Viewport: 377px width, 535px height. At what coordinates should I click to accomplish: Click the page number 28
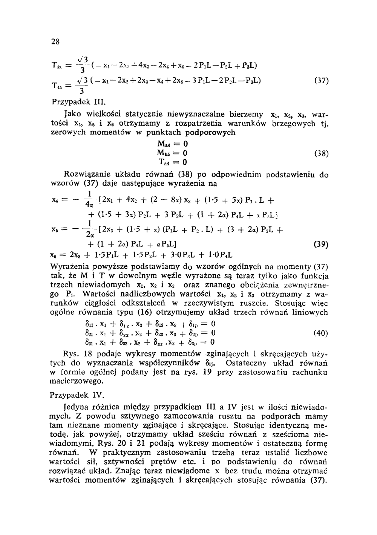pos(55,42)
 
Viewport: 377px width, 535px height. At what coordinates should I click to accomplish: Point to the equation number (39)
pos(321,245)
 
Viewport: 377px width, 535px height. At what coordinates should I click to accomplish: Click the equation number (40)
pos(321,333)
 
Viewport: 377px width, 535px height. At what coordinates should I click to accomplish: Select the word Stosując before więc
pos(274,303)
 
